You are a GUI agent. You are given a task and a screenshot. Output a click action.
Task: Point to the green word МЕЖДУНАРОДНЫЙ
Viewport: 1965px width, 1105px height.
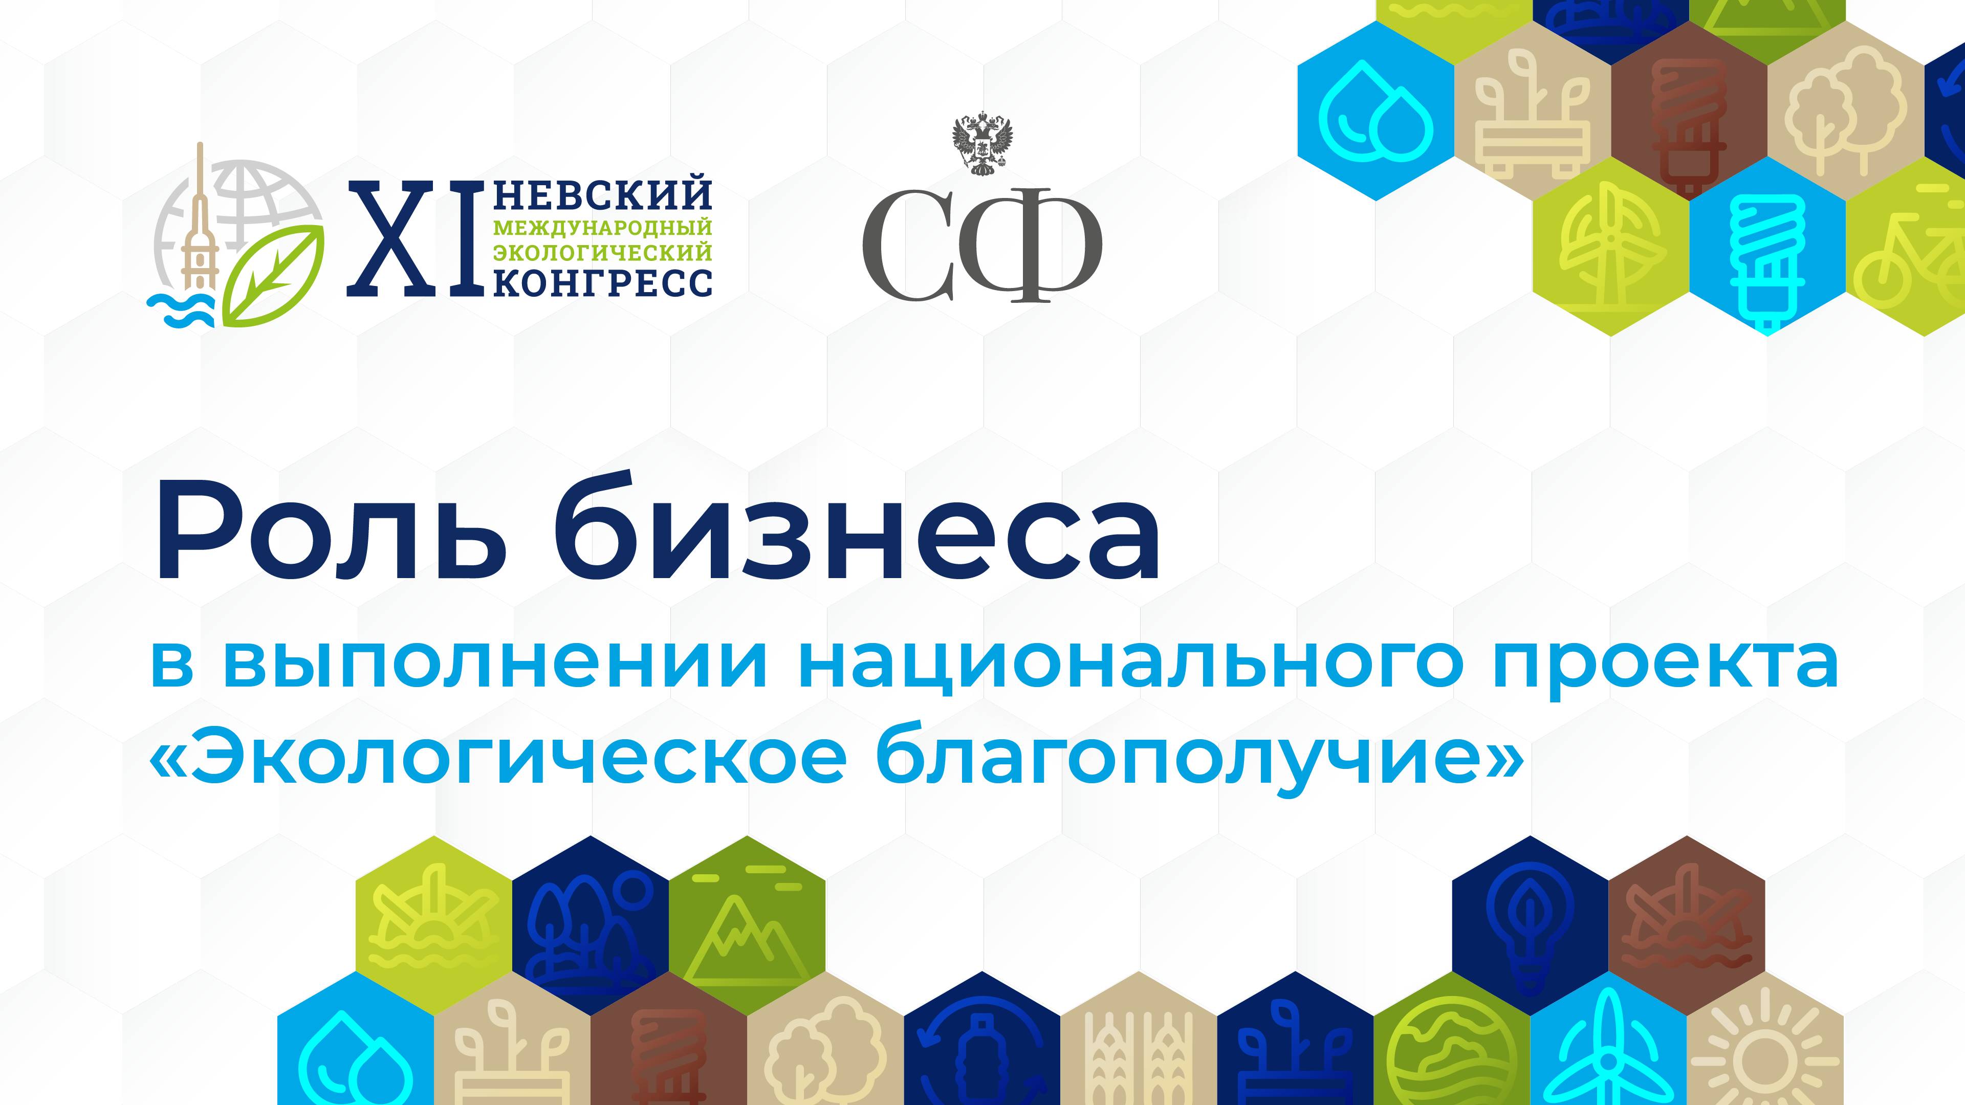click(603, 227)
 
